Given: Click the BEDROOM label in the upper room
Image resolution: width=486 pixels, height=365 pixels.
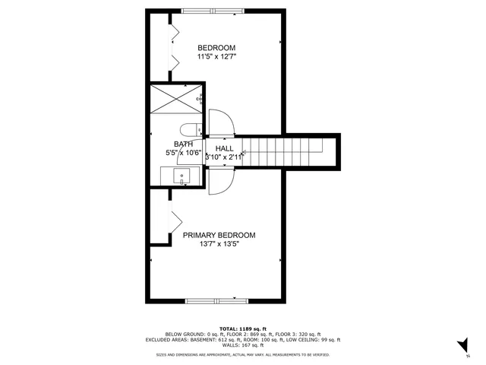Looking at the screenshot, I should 216,47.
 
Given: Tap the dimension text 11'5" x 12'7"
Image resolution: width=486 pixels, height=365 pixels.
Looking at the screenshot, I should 216,57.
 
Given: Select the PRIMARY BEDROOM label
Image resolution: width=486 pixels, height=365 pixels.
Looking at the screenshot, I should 219,235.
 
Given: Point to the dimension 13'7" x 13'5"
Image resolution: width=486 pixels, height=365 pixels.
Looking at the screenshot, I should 219,245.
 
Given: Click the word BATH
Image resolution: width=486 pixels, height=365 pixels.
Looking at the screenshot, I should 183,144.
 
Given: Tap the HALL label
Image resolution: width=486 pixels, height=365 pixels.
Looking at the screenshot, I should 224,148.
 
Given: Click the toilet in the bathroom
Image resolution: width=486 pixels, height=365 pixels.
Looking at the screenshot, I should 190,129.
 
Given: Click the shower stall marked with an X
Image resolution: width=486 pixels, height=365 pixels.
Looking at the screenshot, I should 175,99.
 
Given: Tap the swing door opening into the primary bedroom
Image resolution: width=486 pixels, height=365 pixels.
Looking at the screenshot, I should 221,182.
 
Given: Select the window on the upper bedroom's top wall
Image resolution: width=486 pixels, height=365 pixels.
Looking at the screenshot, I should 214,11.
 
